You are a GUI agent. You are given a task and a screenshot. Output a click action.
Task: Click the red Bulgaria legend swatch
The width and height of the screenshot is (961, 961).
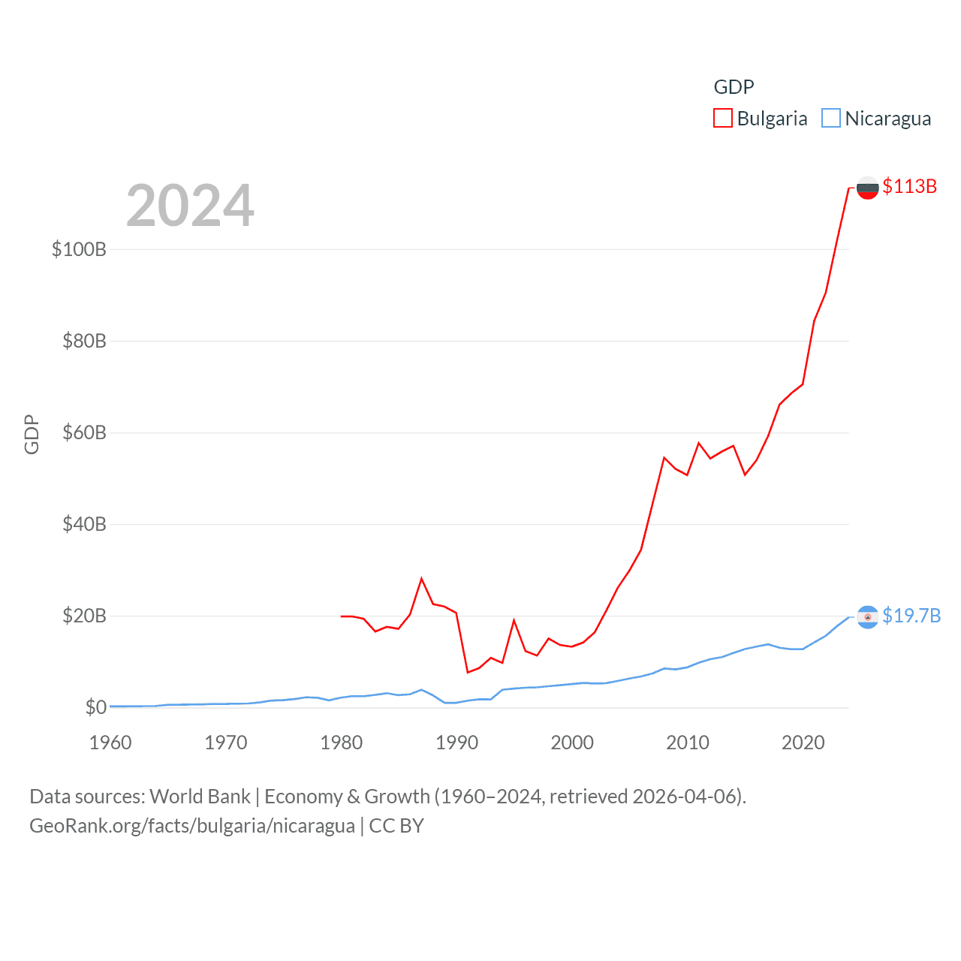722,118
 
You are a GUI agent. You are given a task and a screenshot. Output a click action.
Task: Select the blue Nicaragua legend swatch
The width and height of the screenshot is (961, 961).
830,118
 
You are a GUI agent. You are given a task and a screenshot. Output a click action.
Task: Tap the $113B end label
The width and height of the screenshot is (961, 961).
909,186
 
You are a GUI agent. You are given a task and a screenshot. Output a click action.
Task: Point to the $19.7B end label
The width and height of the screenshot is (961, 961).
911,616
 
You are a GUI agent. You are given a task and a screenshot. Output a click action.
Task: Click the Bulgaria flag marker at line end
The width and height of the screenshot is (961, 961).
867,188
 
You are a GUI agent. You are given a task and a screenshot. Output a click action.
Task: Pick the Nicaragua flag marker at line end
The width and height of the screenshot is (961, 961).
867,617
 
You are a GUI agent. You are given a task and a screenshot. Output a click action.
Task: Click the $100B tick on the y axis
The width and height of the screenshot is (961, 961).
79,249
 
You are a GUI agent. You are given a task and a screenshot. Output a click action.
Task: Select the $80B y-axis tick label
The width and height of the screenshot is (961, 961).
84,341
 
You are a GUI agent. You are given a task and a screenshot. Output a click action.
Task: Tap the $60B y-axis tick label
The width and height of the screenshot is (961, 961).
84,432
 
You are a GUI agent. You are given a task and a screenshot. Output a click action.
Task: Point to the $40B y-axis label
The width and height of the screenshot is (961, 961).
84,524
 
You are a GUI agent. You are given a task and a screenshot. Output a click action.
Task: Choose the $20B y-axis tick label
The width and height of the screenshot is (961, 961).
84,616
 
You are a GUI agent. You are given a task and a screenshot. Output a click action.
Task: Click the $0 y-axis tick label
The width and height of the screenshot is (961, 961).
95,707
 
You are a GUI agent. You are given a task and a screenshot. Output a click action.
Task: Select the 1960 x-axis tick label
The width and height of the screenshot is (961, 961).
110,743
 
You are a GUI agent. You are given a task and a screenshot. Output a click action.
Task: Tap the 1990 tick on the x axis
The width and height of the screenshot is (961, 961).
456,743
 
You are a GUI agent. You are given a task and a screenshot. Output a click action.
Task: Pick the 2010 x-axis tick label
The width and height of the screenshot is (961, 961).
688,743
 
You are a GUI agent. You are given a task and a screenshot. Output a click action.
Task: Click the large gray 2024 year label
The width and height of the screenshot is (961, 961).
190,206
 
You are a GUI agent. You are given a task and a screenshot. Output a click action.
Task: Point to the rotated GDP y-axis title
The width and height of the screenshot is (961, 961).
32,434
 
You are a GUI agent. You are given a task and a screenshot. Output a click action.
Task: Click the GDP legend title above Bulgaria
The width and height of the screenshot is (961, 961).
734,87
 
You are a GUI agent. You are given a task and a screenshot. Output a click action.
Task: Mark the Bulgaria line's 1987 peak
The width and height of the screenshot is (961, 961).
422,578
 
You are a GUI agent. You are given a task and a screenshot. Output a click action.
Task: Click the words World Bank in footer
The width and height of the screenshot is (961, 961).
200,796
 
